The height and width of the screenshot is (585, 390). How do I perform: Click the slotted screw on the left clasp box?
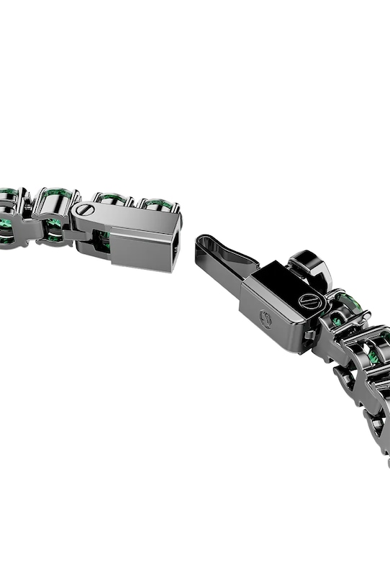tap(84, 211)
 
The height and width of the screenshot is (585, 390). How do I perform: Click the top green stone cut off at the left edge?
tap(7, 194)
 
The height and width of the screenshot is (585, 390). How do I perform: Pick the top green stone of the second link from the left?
tap(55, 196)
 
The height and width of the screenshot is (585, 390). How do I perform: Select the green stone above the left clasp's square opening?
tap(158, 205)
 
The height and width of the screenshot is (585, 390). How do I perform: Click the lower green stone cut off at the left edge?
tap(6, 232)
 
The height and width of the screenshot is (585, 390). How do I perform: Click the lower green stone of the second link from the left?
tap(53, 229)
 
